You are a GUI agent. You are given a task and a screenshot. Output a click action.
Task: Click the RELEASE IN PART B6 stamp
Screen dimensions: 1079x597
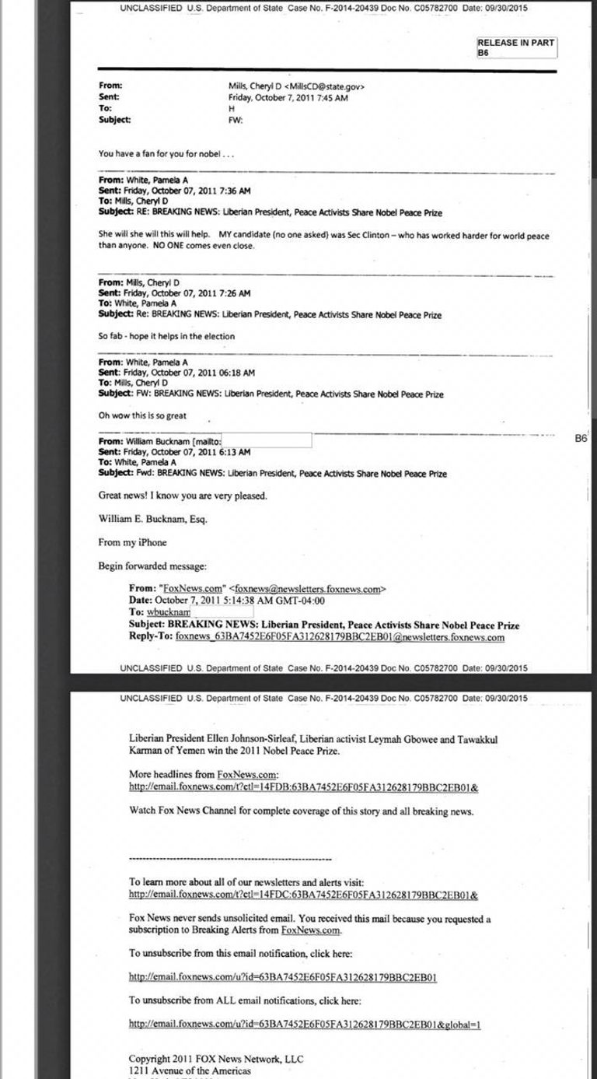pos(516,47)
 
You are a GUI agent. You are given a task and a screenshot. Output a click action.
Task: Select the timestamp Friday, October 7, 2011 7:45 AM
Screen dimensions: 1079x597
pos(288,98)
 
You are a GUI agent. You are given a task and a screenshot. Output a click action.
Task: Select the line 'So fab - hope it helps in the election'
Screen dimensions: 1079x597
pos(166,336)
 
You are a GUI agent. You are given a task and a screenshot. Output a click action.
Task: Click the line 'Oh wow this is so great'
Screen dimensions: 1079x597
pos(142,415)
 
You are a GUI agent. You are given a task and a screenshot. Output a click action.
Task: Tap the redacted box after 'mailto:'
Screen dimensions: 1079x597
pos(267,441)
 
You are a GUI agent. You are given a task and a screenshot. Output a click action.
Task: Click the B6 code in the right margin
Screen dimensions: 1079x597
pos(581,439)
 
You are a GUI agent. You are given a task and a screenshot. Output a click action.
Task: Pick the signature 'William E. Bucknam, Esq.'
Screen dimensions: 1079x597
pos(153,519)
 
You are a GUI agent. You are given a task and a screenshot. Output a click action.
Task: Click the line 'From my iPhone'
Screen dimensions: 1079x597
pos(132,542)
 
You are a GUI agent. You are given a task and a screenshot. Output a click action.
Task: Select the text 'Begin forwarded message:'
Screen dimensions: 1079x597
pos(152,566)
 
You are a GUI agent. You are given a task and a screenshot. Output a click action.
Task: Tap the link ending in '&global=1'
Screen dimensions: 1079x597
pos(305,1024)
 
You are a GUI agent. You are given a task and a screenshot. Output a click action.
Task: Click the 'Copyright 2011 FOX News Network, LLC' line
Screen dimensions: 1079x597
pos(216,1059)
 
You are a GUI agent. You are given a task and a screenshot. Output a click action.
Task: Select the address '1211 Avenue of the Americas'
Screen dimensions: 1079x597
pos(190,1070)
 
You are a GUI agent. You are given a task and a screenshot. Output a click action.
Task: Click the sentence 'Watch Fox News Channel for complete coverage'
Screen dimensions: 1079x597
pos(301,811)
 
